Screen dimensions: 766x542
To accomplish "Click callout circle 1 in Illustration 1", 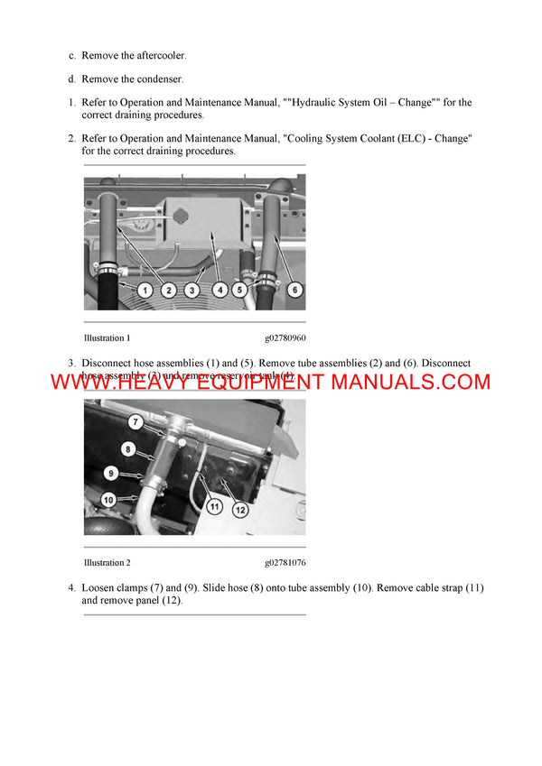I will tap(145, 291).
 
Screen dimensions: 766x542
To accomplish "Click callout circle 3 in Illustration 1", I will tap(192, 291).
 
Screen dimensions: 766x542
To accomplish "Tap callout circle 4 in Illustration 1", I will tap(220, 291).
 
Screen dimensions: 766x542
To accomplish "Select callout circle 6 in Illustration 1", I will tap(294, 291).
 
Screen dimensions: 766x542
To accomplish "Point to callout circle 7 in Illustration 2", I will tap(135, 421).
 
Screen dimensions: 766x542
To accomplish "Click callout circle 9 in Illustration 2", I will tap(110, 472).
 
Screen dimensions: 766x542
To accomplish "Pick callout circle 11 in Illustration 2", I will tap(214, 507).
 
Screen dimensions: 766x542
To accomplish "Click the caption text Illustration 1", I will tap(107, 338).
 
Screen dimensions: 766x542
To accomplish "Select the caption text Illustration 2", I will tap(107, 563).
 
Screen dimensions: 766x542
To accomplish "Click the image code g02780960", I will tap(285, 338).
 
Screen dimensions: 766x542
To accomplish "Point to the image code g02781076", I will tap(285, 563).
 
